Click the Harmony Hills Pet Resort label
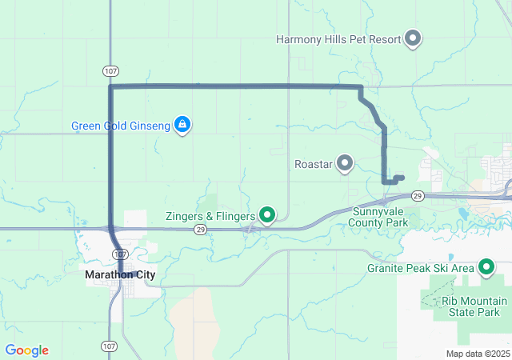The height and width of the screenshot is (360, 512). click(x=338, y=38)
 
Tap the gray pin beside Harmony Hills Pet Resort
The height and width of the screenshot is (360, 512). click(x=413, y=38)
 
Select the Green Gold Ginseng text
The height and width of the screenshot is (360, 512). click(x=120, y=126)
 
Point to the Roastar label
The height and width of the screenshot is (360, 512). click(x=313, y=164)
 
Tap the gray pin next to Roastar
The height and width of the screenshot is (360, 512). click(x=345, y=163)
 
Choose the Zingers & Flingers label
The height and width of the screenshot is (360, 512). click(x=210, y=216)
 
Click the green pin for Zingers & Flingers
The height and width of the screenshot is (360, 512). click(x=267, y=215)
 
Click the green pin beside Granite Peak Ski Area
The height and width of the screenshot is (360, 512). click(x=486, y=267)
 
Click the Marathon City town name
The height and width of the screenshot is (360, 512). click(x=120, y=274)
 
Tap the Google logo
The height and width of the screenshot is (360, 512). click(x=26, y=350)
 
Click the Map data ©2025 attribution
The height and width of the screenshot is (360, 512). click(x=478, y=354)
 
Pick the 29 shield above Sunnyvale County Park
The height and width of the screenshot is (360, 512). click(x=417, y=195)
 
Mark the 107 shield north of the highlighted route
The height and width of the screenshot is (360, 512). click(x=110, y=71)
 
